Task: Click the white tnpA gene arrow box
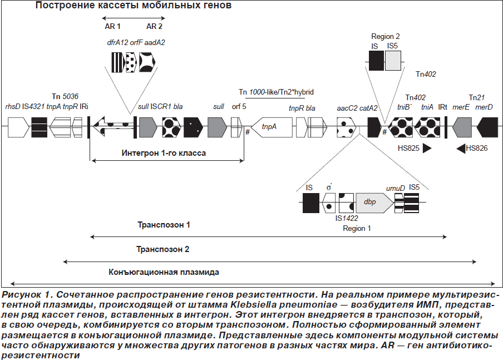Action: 272,127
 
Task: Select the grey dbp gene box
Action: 374,203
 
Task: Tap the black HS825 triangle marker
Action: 427,148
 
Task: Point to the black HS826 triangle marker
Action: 461,148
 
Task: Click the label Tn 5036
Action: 65,97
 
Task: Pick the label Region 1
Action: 357,229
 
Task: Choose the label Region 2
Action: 385,37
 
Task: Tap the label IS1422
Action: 347,218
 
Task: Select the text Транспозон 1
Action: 164,225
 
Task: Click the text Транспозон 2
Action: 162,249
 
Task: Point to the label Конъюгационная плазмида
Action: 164,273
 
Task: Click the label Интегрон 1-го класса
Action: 164,153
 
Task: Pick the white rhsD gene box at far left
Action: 18,127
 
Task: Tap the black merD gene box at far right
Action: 487,127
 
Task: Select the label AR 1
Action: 112,26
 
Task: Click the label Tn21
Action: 477,97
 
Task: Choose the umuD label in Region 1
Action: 396,188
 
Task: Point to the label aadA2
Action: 155,43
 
